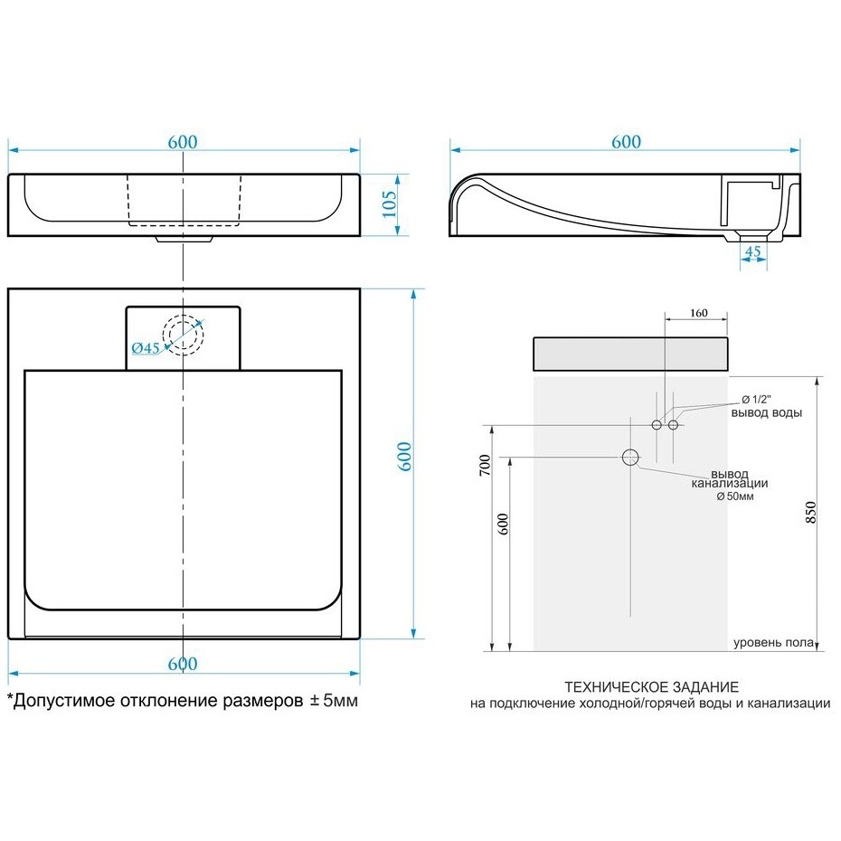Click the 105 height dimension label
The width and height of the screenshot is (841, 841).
(x=390, y=204)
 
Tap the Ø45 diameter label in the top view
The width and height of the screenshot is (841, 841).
(x=146, y=348)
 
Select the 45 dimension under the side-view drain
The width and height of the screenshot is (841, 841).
(x=753, y=250)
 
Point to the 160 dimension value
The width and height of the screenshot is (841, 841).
(x=699, y=313)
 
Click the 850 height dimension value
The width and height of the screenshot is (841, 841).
(x=810, y=512)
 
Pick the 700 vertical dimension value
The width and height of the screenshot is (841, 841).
(x=485, y=465)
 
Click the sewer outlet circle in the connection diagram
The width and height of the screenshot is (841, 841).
(x=631, y=458)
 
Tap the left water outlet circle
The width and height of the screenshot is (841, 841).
(x=657, y=425)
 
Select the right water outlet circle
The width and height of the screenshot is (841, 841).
(x=673, y=425)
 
